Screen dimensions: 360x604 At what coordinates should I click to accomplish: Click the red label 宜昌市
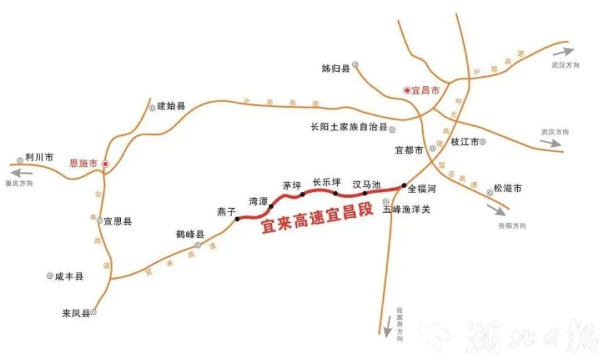425,91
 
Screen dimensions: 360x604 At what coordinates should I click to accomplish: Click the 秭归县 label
335,68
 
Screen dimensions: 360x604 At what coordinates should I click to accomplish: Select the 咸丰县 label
69,276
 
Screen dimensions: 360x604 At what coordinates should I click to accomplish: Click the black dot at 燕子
237,219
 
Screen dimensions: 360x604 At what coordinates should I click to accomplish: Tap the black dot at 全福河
404,186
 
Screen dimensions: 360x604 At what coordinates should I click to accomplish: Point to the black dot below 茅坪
303,194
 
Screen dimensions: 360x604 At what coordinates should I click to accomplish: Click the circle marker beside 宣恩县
99,221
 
